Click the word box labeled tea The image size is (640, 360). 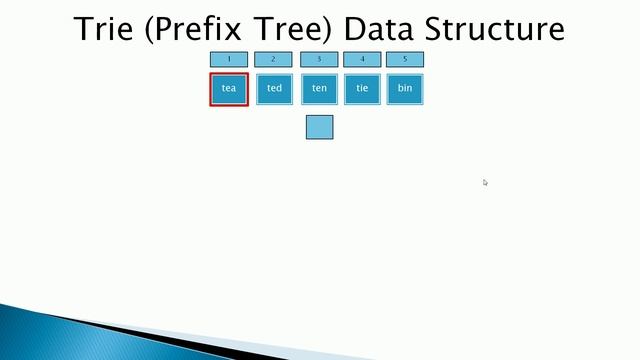229,88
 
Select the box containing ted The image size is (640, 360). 274,88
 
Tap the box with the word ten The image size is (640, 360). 319,88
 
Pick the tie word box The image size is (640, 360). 361,88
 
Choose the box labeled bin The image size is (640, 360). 405,88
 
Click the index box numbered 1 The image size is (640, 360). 229,59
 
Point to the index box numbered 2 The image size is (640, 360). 273,59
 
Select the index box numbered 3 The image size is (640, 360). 319,59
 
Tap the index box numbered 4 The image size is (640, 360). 362,59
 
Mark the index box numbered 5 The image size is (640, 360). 405,59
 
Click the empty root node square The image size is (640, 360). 319,127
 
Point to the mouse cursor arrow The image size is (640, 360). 485,182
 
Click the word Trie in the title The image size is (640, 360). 106,28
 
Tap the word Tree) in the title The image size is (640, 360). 296,29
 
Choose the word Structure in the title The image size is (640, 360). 497,28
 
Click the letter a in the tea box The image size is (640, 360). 234,89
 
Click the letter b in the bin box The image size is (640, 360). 400,88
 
